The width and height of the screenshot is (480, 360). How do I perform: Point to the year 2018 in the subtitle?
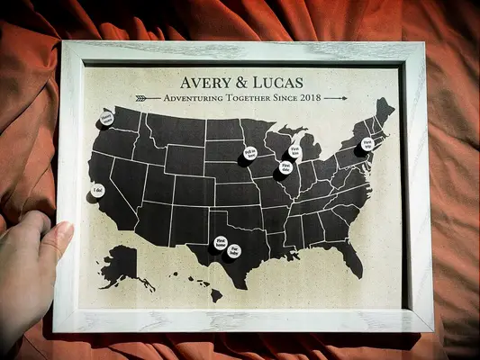[308, 97]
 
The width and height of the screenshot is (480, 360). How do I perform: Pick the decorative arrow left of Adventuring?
[147, 97]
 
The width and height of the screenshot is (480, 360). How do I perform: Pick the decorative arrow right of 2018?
[334, 97]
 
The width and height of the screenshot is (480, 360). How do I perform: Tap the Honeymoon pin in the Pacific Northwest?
[107, 117]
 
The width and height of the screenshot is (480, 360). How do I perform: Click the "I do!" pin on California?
[97, 191]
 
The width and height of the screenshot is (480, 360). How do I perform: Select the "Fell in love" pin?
[249, 155]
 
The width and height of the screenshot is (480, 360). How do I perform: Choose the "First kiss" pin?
[294, 152]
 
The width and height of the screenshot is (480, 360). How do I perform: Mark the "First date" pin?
[285, 167]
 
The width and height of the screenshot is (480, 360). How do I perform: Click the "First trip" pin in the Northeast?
[366, 145]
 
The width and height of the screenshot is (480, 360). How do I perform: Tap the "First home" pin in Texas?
[221, 242]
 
